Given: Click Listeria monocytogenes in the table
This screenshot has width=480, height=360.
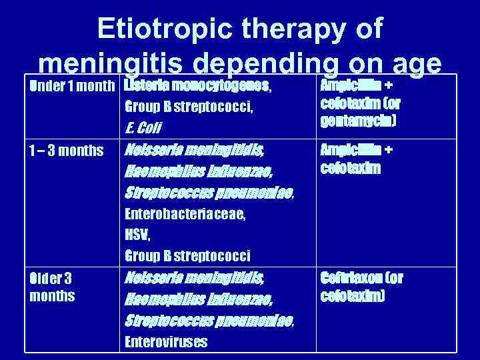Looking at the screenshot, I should coord(197,87).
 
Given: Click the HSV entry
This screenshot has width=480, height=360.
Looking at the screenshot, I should coord(137,235).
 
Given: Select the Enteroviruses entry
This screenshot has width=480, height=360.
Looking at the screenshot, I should coord(166,342).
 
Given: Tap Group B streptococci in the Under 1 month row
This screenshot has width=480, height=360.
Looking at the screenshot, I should coord(188,107).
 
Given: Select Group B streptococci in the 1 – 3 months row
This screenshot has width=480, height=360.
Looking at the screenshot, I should coord(187,255).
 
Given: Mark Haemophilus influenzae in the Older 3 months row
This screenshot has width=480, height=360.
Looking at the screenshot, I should coord(198,300).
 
